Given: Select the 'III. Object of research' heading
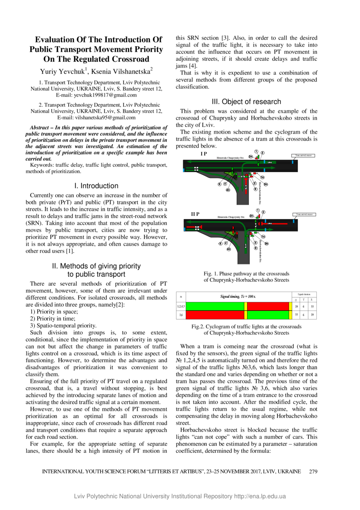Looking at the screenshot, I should (247, 102).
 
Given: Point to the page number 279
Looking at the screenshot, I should (313, 471).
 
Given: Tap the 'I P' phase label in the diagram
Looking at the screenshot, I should (203, 153).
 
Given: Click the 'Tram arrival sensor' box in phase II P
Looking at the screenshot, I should (304, 214).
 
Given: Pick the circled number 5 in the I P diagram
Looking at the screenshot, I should (220, 184).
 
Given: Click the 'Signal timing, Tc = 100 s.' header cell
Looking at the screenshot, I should (238, 296).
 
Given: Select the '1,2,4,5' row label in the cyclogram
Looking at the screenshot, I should (180, 306).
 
